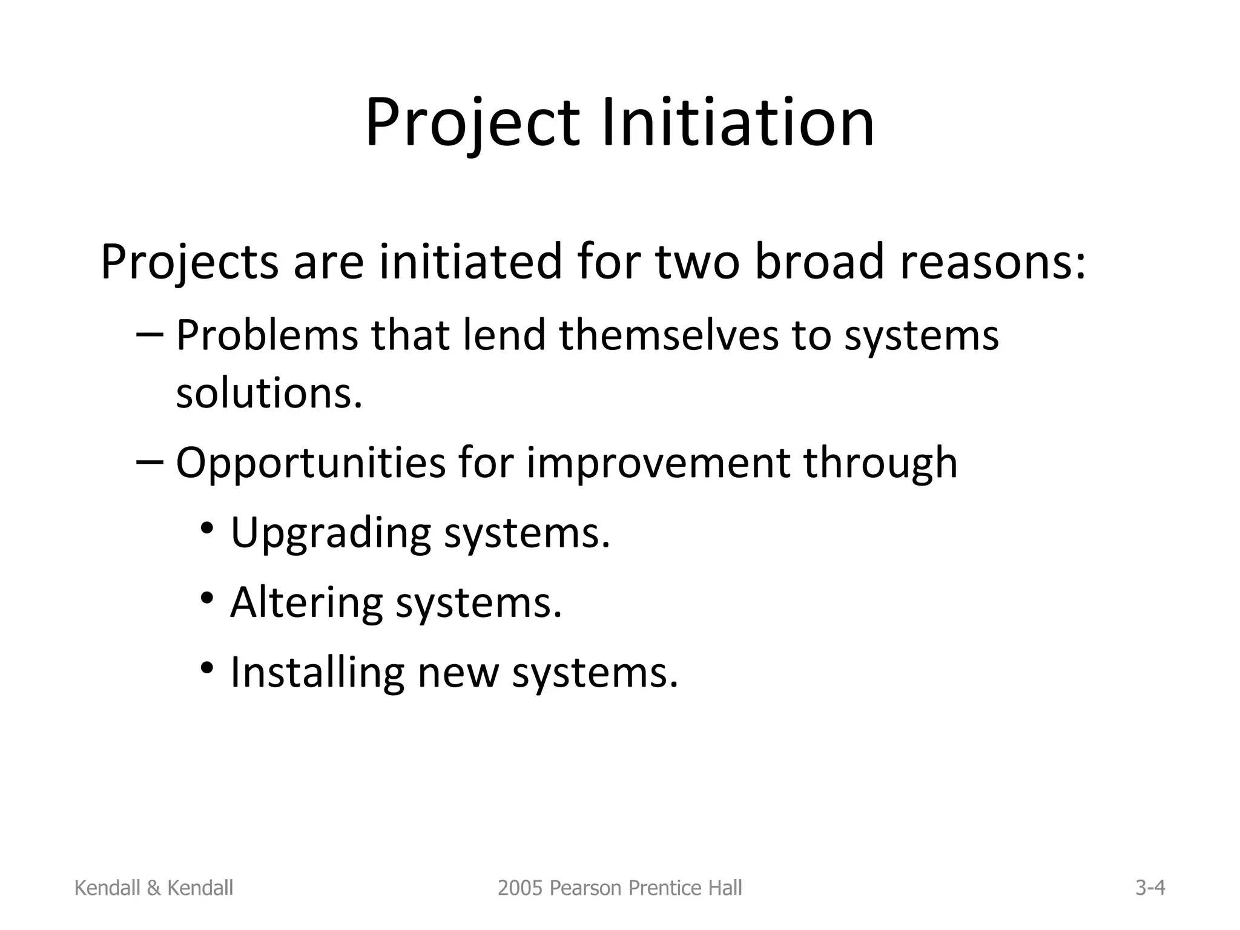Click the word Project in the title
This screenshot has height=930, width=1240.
(x=472, y=124)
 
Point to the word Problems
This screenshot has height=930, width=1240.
(x=267, y=335)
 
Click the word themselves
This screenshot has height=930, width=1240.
(x=668, y=335)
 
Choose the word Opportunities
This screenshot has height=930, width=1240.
(x=311, y=464)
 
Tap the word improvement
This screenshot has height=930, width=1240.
(x=658, y=464)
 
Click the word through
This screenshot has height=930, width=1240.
(x=880, y=464)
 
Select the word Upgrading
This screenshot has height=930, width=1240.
(x=331, y=534)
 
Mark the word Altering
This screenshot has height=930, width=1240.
(x=306, y=604)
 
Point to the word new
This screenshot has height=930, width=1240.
(x=458, y=674)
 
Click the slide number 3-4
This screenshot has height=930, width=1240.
(x=1150, y=888)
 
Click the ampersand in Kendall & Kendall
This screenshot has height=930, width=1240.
(x=154, y=888)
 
